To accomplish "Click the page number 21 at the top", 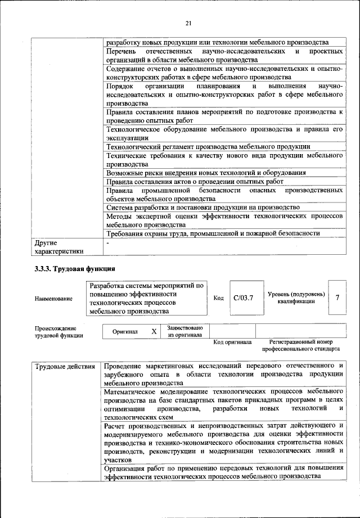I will pos(188,22).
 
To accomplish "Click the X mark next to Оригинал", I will pos(154,331).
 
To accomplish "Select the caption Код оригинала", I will pos(233,342).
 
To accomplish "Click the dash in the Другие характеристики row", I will pos(108,242).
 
